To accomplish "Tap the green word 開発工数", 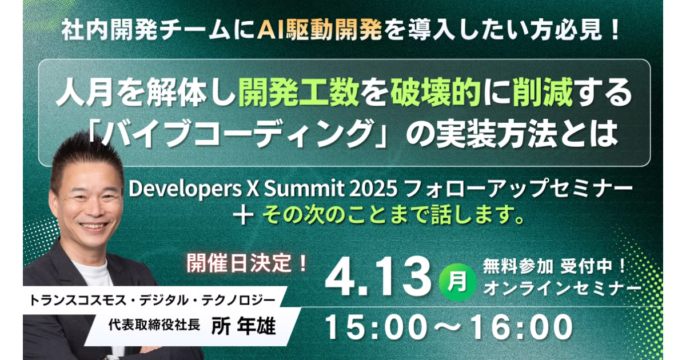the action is (x=299, y=92).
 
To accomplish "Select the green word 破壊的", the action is (x=435, y=92).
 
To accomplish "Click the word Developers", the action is (x=185, y=189).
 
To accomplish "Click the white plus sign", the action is (x=243, y=215).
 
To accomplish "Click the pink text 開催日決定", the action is (x=238, y=263).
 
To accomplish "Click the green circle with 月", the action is (x=457, y=282).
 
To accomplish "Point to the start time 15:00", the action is (x=376, y=327).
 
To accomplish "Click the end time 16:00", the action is (x=521, y=327).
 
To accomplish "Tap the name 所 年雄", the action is (x=244, y=326).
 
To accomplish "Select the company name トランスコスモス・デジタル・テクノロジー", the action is (x=152, y=301).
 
